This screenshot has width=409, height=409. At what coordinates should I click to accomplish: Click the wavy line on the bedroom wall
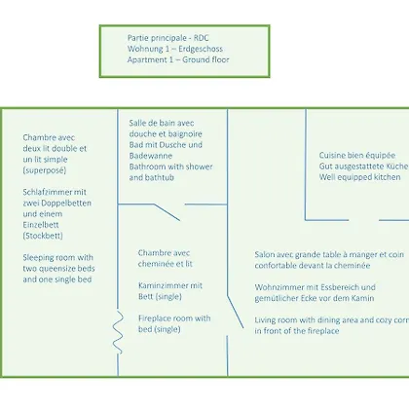(x=118, y=332)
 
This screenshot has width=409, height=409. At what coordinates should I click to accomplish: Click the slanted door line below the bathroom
(x=167, y=212)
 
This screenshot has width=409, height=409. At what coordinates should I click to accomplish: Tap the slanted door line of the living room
(x=236, y=312)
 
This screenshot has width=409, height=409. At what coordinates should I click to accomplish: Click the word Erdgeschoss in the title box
(x=201, y=49)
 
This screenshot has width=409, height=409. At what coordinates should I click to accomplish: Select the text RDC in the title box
(x=202, y=38)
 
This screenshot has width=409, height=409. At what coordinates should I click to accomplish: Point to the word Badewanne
(x=151, y=156)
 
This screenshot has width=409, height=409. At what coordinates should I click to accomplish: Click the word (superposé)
(x=45, y=170)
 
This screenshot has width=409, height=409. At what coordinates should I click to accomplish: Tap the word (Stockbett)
(x=43, y=236)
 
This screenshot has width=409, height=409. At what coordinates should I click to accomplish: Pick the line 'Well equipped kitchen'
(x=359, y=177)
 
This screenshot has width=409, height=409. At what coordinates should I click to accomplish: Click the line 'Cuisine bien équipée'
(x=357, y=156)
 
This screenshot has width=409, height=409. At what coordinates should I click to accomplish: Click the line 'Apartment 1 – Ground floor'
(x=178, y=59)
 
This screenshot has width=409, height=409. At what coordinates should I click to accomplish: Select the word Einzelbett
(x=41, y=225)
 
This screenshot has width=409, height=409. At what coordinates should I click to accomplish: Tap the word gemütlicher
(x=277, y=298)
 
